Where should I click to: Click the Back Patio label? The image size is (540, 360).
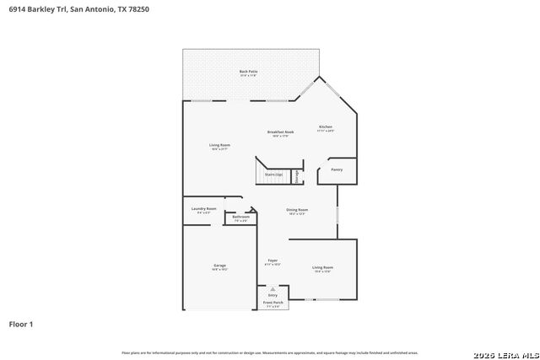248,72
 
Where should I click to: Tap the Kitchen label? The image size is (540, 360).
325,127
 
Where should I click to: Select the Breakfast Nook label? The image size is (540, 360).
280,132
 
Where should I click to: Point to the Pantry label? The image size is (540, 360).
337,169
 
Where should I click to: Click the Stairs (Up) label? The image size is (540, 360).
273,175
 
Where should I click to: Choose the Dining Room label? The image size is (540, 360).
296,210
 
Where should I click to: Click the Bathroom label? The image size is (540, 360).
240,218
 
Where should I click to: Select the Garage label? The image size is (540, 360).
219,266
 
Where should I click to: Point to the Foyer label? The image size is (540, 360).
273,261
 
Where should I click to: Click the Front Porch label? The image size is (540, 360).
273,302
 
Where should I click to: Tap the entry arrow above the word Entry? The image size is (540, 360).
273,288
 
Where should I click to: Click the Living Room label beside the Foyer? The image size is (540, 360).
322,267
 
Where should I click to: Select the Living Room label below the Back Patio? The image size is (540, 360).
219,145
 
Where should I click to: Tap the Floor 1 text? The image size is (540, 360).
22,324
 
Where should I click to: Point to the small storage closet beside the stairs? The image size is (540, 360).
297,175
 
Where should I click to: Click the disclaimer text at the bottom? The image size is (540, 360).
269,352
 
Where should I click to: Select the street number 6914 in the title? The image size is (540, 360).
19,8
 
